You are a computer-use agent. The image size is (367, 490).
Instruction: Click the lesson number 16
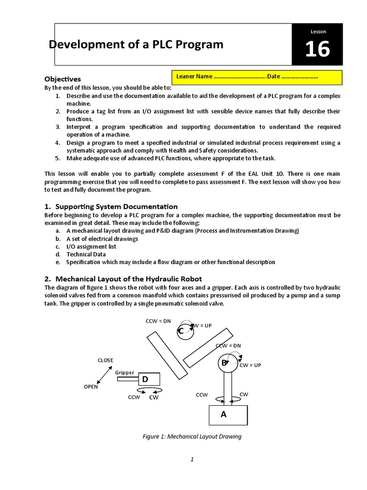pyautogui.click(x=317, y=49)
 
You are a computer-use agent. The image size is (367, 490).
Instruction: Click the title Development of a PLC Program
pyautogui.click(x=136, y=45)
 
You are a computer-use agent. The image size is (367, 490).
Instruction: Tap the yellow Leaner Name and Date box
pyautogui.click(x=257, y=77)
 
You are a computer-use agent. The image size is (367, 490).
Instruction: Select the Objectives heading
pyautogui.click(x=63, y=79)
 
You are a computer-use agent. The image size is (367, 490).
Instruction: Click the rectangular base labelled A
pyautogui.click(x=228, y=415)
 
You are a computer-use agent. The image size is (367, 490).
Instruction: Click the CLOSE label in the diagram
pyautogui.click(x=106, y=360)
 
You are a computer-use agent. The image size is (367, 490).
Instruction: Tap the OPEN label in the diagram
pyautogui.click(x=91, y=387)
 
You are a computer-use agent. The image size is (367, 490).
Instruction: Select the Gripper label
pyautogui.click(x=125, y=372)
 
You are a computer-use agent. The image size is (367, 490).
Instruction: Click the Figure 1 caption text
pyautogui.click(x=193, y=436)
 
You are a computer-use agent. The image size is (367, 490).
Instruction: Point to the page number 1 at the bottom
pyautogui.click(x=192, y=459)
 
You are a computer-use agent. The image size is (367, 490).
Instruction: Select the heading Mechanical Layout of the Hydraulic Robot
pyautogui.click(x=129, y=279)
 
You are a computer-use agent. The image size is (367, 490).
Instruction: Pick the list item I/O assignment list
pyautogui.click(x=91, y=246)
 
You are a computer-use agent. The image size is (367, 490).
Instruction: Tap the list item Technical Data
pyautogui.click(x=86, y=255)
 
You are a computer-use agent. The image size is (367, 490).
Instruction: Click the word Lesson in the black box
pyautogui.click(x=318, y=32)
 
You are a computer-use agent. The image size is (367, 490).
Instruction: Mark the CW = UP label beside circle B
pyautogui.click(x=250, y=365)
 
